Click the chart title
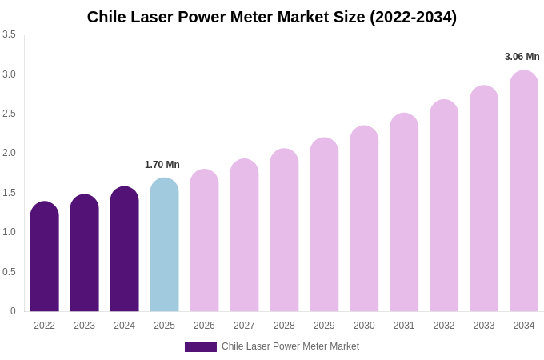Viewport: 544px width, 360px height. coord(272,17)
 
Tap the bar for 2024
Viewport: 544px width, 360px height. coord(124,249)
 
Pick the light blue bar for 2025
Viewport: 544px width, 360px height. coord(164,245)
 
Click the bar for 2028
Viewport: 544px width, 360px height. coord(284,230)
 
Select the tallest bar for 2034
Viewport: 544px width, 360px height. coord(524,191)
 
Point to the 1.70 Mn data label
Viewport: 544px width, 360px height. coord(162,165)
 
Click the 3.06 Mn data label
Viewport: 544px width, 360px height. coord(522,57)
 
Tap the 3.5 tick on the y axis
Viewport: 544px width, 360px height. coord(9,34)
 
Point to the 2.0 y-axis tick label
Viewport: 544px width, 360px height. coord(9,153)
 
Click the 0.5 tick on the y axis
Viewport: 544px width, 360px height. coord(9,272)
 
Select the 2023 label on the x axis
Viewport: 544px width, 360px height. coord(84,326)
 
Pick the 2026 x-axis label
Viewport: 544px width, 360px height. coord(204,326)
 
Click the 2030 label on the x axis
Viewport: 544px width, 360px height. coord(364,326)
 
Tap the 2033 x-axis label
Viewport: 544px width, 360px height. coord(484,326)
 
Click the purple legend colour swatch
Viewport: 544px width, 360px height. coord(201,347)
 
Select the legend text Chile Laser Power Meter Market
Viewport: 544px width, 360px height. coord(290,346)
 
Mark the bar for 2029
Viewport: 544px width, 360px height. coord(324,225)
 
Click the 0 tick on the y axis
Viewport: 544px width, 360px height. coord(13,311)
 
